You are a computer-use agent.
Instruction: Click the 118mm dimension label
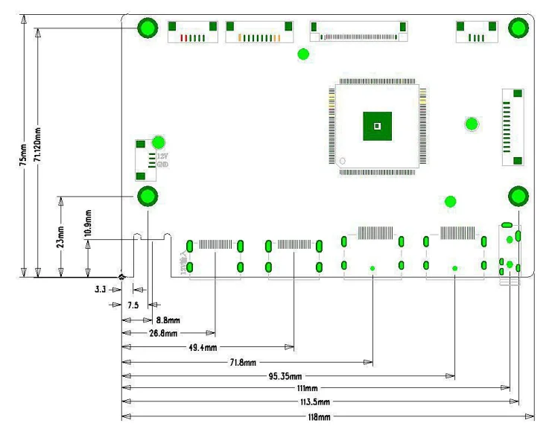320,416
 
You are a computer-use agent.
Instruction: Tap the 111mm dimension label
306,389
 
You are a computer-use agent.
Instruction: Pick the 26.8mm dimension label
162,333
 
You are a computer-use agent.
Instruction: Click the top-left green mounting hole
147,28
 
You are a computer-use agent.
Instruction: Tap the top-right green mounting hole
518,28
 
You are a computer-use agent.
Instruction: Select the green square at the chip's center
377,126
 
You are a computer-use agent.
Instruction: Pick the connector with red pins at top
192,33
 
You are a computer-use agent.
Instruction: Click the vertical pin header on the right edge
513,127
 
